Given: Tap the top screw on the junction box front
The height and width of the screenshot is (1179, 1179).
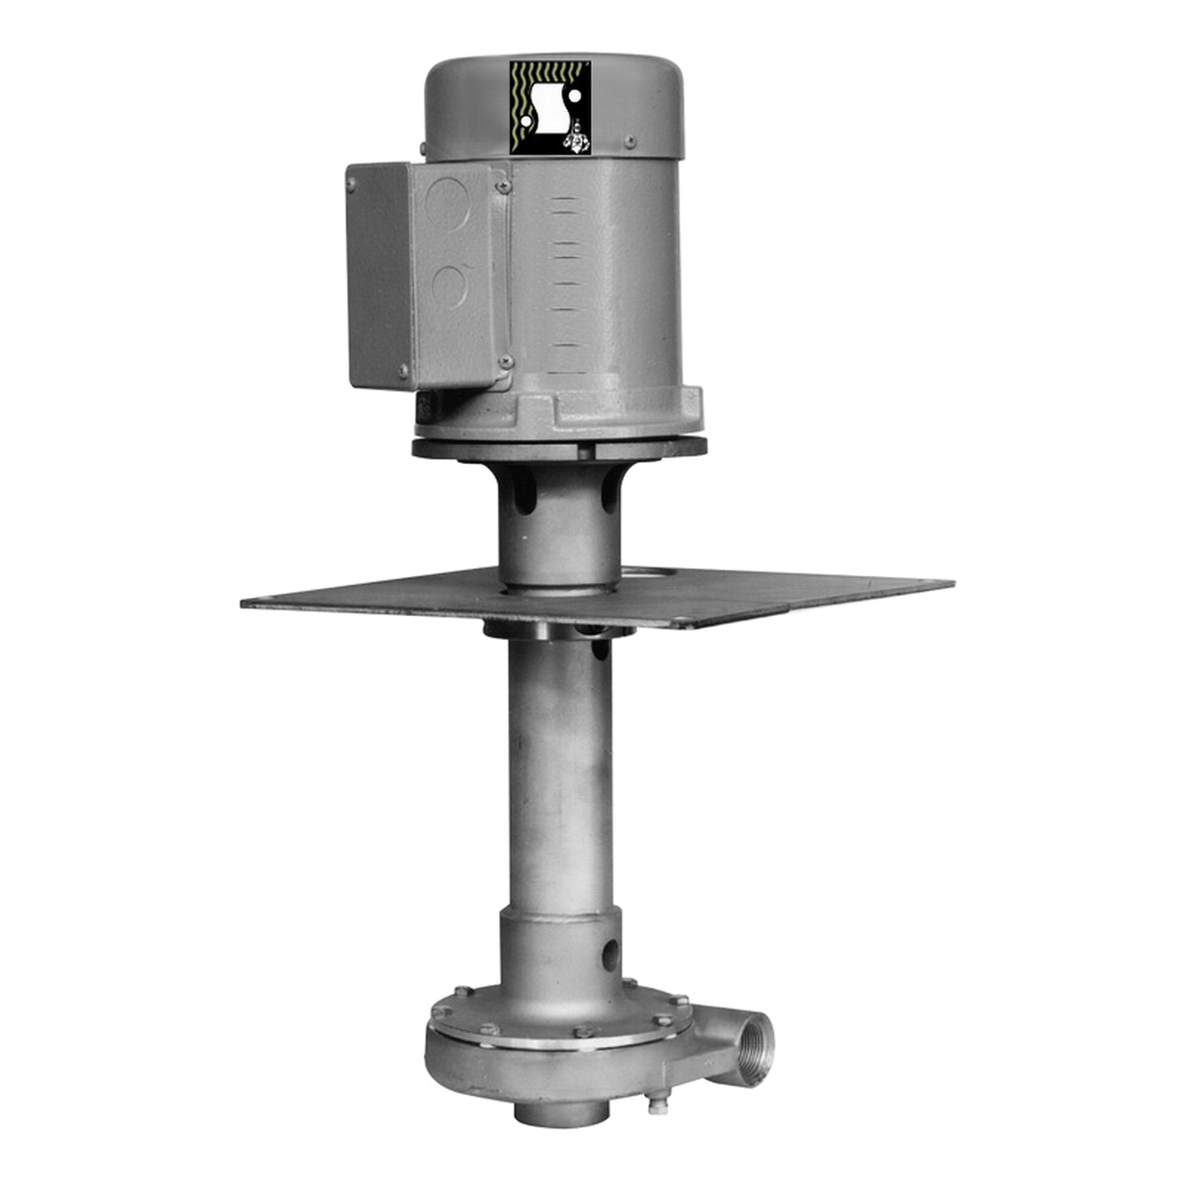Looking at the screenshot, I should [x=500, y=188].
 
